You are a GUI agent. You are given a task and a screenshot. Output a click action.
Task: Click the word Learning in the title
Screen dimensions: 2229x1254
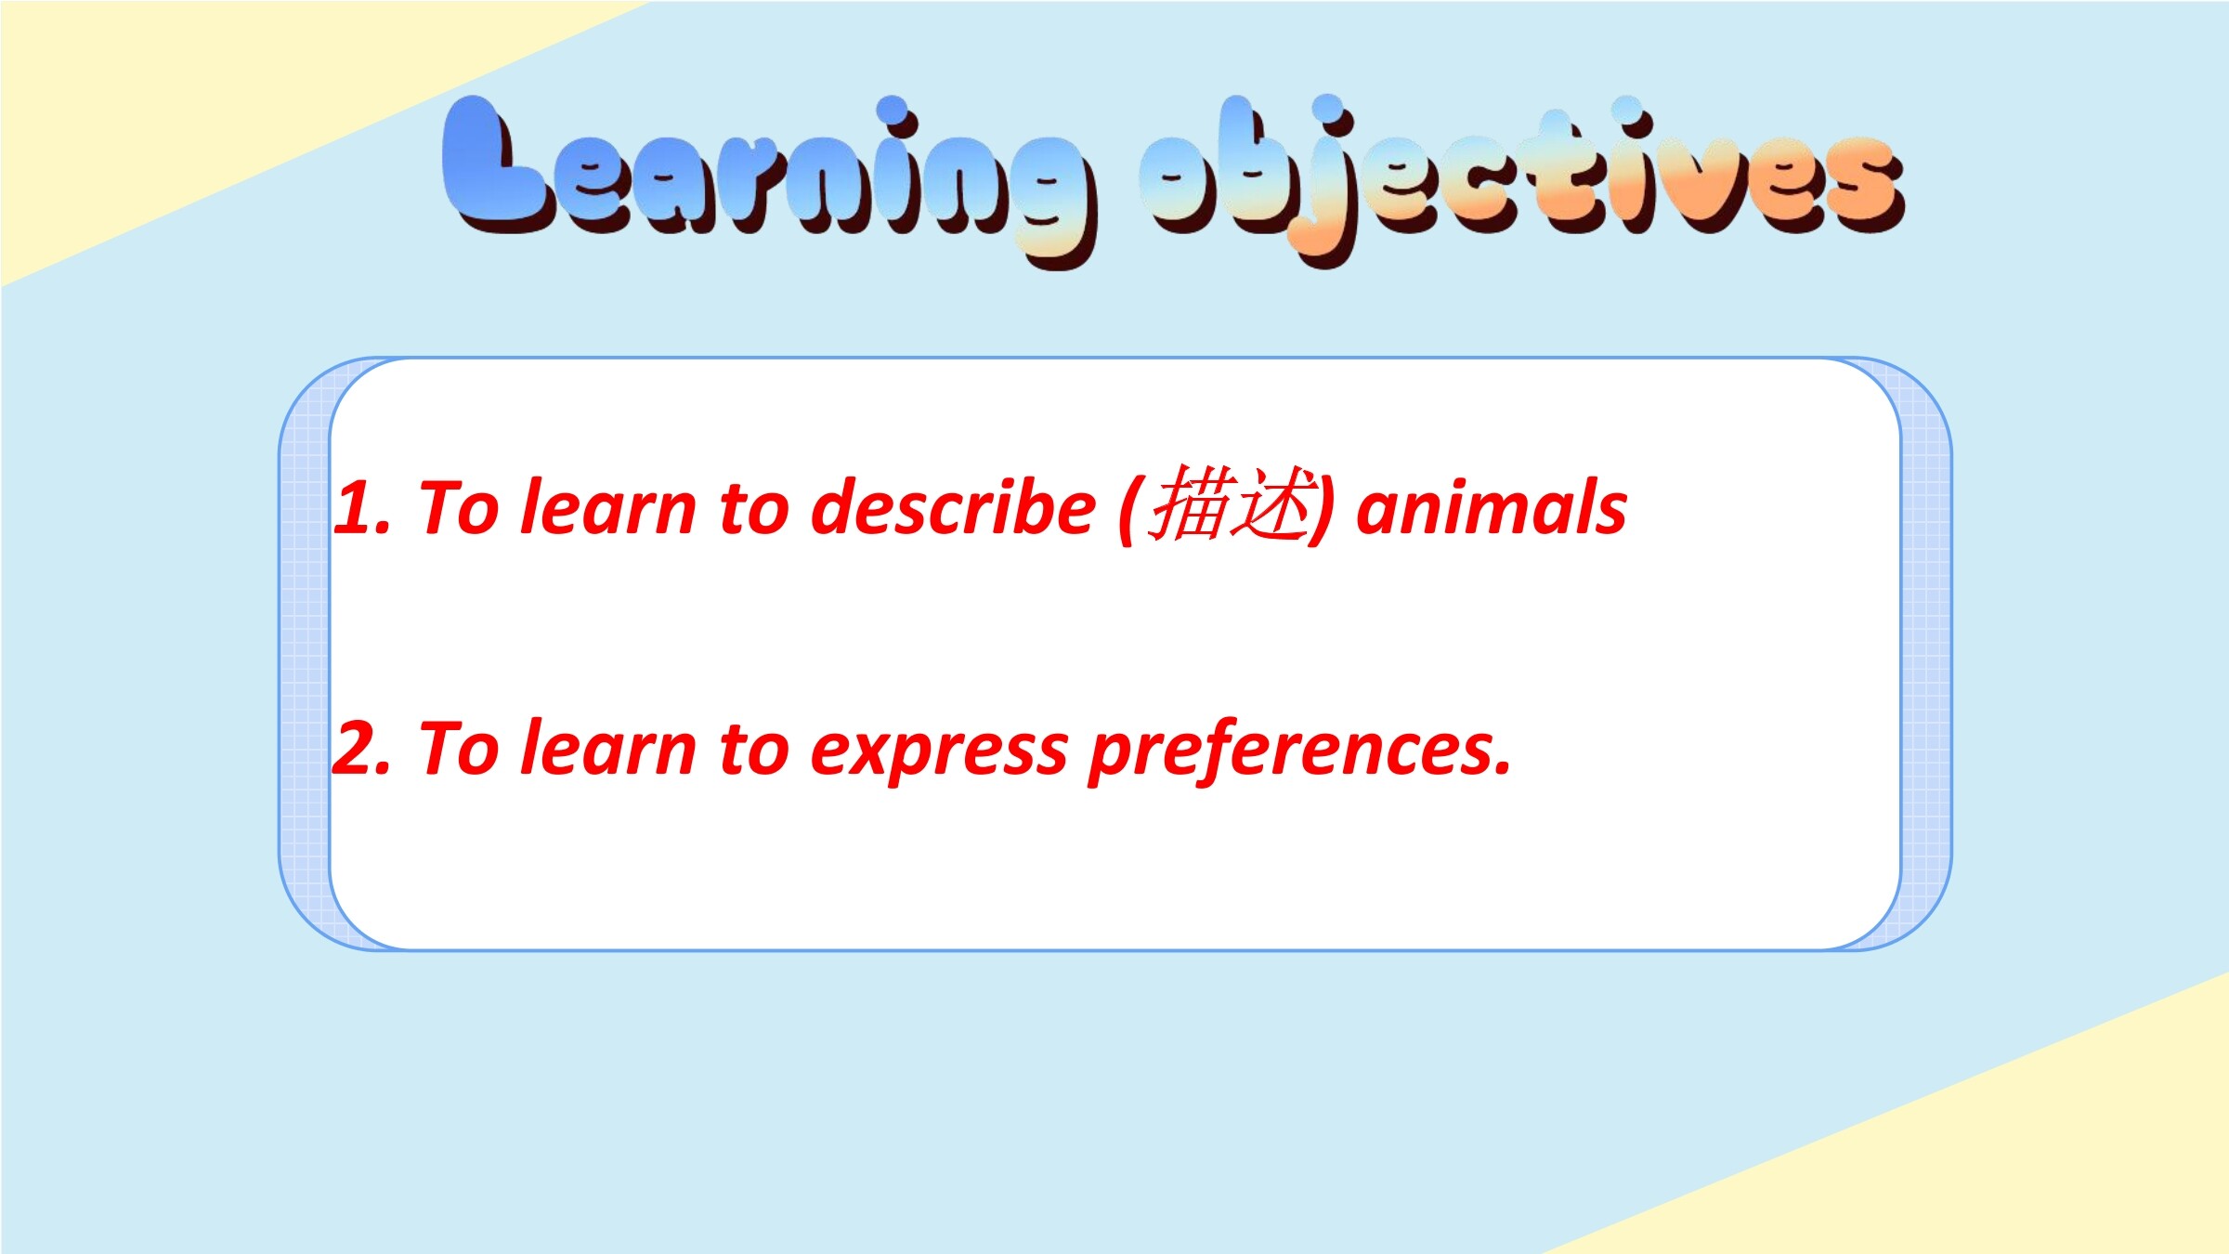point(769,176)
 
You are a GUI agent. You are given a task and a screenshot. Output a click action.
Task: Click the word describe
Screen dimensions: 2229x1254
point(953,507)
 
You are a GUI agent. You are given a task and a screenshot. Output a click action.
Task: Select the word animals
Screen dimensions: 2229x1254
point(1492,507)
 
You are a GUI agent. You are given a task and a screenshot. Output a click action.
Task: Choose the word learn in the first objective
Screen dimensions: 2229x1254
point(607,507)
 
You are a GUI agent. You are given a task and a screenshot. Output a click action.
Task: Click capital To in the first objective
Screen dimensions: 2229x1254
point(461,507)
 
